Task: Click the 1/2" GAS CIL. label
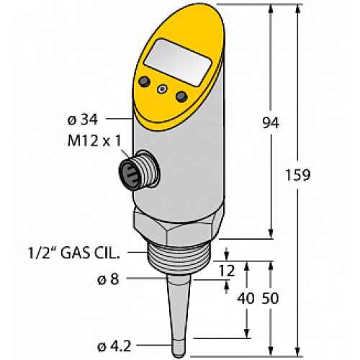coord(77,252)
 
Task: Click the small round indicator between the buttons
coord(163,89)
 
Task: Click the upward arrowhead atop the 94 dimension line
coord(270,9)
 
